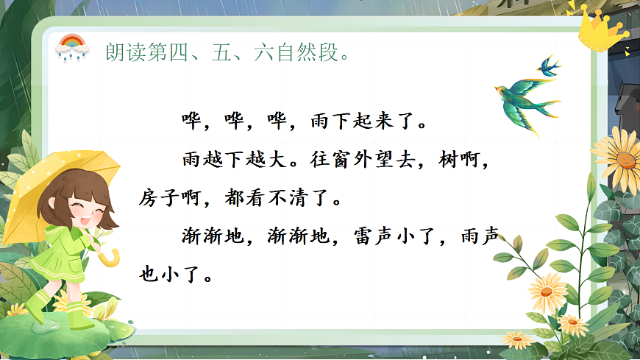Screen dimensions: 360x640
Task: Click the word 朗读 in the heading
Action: (123, 54)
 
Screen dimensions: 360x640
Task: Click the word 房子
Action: (161, 198)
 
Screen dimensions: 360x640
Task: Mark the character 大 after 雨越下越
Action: (273, 159)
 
